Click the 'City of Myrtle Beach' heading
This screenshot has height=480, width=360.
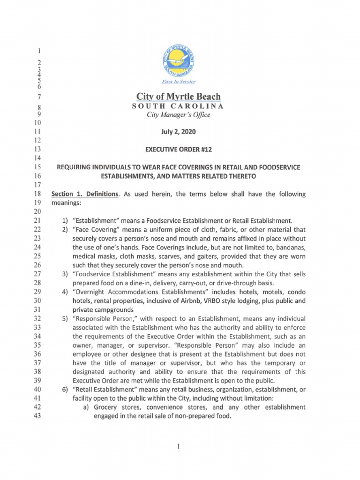point(178,97)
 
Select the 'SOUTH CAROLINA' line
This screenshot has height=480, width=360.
point(178,106)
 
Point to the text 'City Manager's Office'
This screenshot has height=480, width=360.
point(178,115)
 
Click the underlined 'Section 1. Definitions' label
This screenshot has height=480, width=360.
point(84,194)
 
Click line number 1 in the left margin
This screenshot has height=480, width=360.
point(39,51)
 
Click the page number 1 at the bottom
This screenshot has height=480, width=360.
point(179,447)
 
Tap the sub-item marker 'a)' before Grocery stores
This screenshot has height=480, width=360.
point(87,406)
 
